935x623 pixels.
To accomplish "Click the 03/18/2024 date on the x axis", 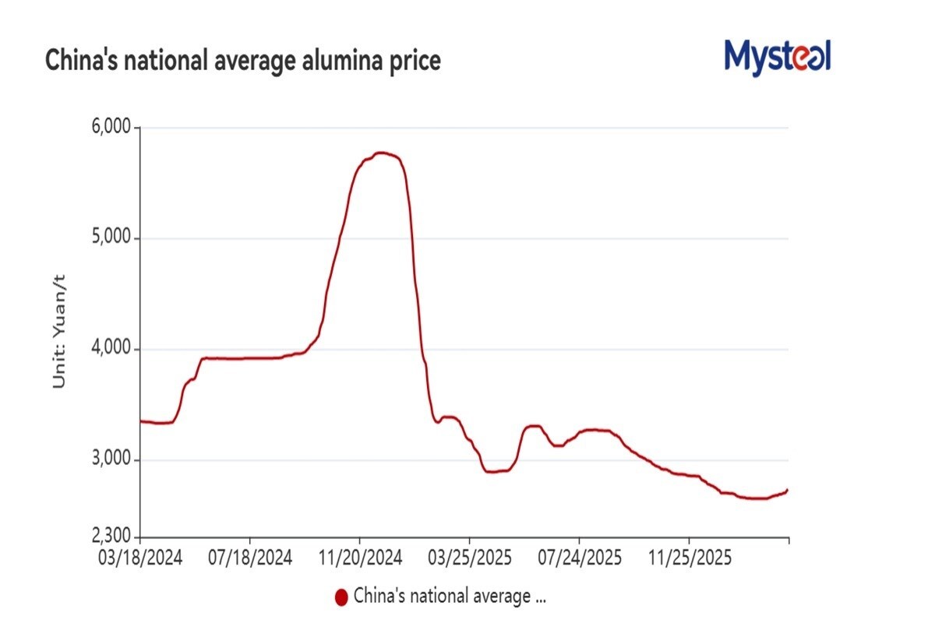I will tap(140, 558).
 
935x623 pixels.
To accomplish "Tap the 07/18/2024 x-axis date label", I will tap(250, 558).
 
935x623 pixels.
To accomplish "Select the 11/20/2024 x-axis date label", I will tap(359, 558).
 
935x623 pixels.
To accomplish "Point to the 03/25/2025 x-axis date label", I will tap(469, 558).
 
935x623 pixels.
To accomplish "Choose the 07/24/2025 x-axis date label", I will tap(579, 558).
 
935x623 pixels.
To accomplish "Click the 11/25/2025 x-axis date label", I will tap(689, 558).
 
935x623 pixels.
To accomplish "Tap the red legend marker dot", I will tap(340, 597).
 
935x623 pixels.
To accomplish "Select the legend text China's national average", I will tap(450, 597).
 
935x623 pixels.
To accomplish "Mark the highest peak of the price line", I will tap(381, 153).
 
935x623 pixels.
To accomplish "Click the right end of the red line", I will tap(788, 490).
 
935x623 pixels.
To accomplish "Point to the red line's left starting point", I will tap(141, 421).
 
